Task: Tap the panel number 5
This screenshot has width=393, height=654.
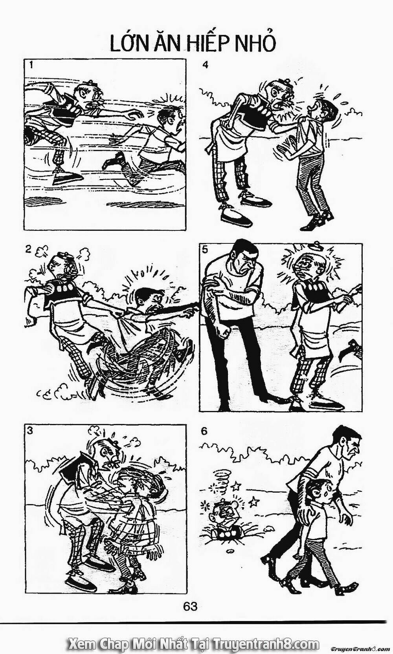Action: [x=205, y=249]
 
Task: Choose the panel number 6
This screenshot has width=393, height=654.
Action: [x=204, y=431]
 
